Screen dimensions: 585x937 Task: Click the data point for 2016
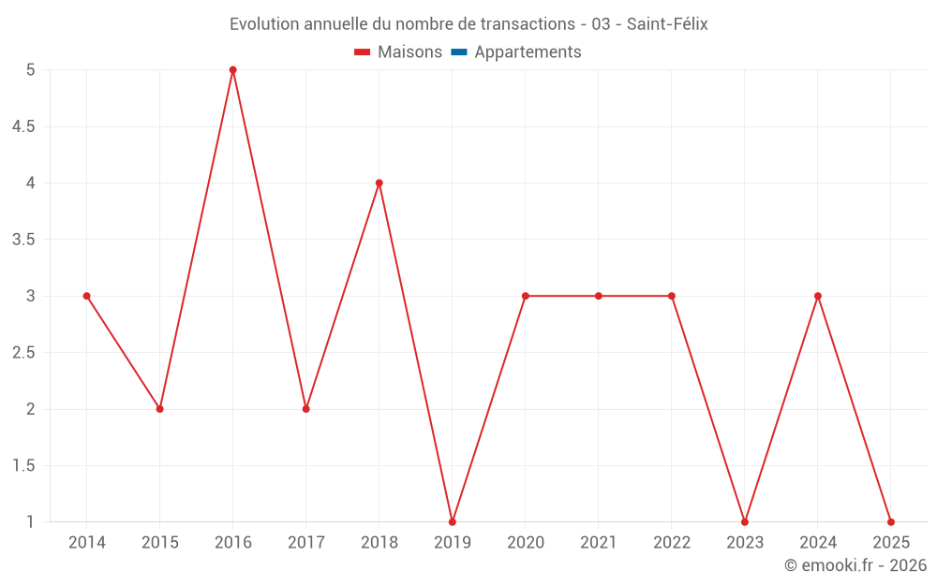[233, 70]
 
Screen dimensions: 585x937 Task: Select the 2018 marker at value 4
[379, 183]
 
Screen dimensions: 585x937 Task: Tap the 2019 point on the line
[453, 521]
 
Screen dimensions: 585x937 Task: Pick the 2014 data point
[87, 296]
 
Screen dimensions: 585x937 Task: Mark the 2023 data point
[745, 521]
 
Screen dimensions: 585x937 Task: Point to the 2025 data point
[891, 521]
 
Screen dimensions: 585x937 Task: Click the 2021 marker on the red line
[599, 296]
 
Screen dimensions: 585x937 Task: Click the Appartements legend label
[528, 52]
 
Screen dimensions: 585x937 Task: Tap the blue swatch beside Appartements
[458, 52]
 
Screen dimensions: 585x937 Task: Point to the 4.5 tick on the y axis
[23, 126]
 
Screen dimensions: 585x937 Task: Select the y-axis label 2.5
[23, 353]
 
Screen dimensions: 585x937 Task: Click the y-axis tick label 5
[31, 70]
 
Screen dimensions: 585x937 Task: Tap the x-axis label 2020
[526, 543]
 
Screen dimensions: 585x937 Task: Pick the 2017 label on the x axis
[306, 543]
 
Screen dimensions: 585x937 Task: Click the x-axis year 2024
[818, 543]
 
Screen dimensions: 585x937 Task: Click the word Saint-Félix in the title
[667, 24]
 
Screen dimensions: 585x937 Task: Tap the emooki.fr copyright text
[855, 565]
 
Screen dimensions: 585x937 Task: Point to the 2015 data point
[160, 409]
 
